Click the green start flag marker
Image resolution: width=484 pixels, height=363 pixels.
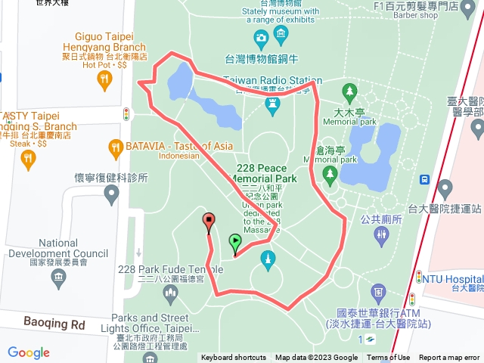235,243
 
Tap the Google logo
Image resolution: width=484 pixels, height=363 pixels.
29,352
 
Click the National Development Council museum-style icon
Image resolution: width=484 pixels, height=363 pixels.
58,279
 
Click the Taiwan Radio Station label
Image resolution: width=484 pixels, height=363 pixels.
273,80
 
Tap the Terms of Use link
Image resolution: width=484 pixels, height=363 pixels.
389,358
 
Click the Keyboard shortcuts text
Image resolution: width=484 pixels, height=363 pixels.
234,358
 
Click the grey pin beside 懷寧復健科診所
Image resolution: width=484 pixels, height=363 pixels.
112,196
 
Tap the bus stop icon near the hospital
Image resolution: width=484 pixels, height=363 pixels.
426,180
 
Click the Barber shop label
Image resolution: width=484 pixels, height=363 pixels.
426,14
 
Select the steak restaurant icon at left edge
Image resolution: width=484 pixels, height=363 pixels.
28,158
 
